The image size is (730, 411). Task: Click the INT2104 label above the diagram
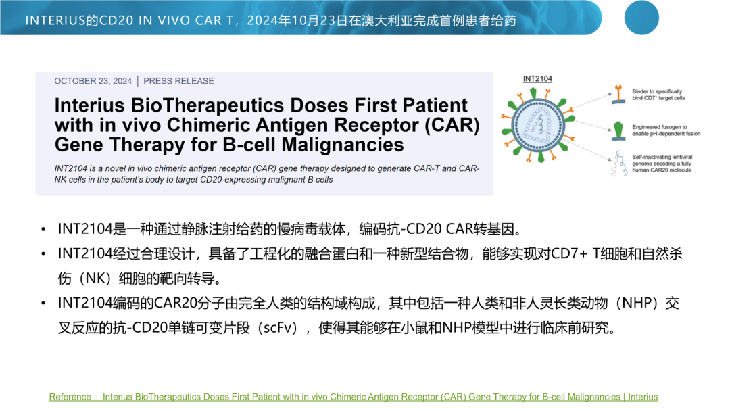click(537, 78)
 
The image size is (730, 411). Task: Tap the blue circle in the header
click(641, 18)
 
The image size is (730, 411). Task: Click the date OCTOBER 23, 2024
click(93, 81)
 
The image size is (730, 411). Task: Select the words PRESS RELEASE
click(178, 81)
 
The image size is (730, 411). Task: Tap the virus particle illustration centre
click(538, 126)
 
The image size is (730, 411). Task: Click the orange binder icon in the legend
click(618, 94)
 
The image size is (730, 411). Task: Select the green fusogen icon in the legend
click(618, 131)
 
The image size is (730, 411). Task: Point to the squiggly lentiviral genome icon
click(618, 164)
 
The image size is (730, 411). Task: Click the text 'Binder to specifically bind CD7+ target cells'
click(658, 95)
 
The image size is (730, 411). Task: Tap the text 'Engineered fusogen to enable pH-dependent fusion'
click(666, 130)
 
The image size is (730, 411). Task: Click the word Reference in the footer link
click(70, 397)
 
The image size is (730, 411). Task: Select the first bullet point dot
click(43, 229)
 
